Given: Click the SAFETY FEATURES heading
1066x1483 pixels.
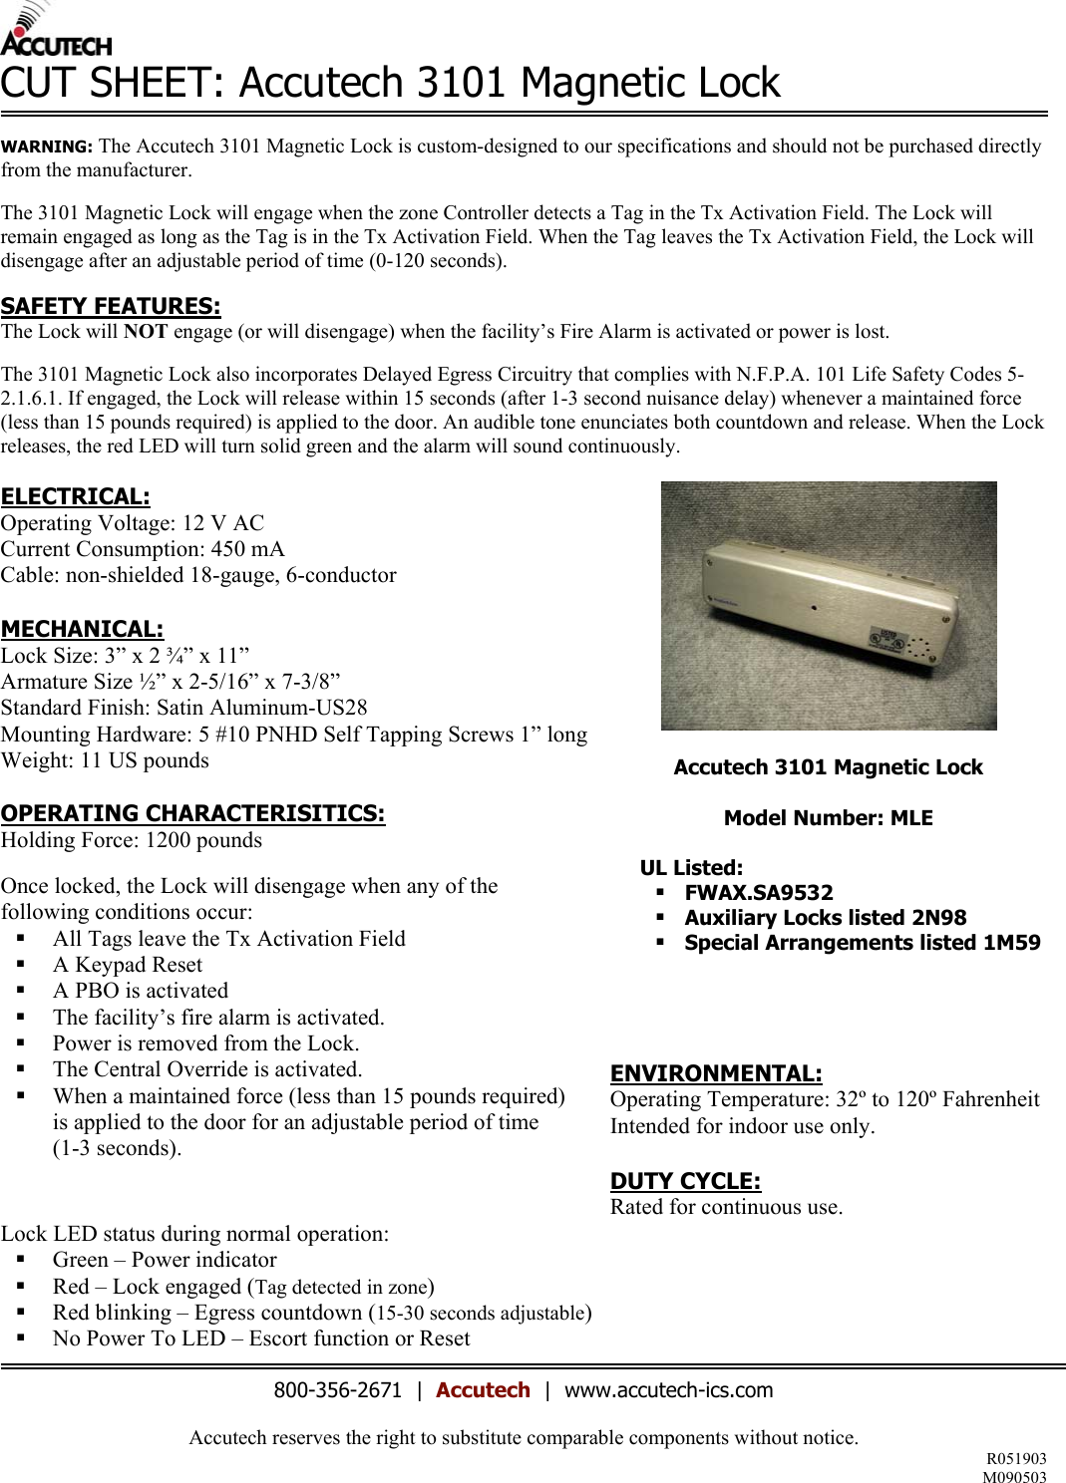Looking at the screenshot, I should pyautogui.click(x=111, y=306).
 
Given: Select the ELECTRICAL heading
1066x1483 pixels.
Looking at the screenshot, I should pyautogui.click(x=76, y=496).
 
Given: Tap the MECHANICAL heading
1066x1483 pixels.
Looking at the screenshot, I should pyautogui.click(x=82, y=629).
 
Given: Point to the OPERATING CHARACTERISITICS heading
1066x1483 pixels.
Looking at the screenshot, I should pyautogui.click(x=192, y=813).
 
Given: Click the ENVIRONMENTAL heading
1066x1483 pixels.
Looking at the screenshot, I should pyautogui.click(x=716, y=1073).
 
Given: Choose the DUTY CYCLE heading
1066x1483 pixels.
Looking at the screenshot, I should pyautogui.click(x=685, y=1181).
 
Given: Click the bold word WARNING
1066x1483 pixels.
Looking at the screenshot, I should pyautogui.click(x=47, y=147).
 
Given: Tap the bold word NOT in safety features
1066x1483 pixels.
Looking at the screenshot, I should pyautogui.click(x=146, y=332).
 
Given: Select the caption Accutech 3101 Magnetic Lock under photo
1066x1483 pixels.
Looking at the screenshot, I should pyautogui.click(x=828, y=767).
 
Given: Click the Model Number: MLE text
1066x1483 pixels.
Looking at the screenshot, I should pyautogui.click(x=828, y=818).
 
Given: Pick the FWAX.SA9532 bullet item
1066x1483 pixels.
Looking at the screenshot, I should pyautogui.click(x=758, y=893).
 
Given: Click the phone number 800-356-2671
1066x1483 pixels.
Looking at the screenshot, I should pyautogui.click(x=337, y=1390).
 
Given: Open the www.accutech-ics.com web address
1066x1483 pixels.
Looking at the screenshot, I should pyautogui.click(x=668, y=1390).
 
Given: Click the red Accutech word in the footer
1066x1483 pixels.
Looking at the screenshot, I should pyautogui.click(x=483, y=1390).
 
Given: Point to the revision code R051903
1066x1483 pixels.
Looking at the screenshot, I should pyautogui.click(x=1016, y=1459).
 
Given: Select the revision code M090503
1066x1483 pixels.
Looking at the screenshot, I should pyautogui.click(x=1014, y=1477).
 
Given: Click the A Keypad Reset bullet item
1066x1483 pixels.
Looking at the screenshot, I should pyautogui.click(x=128, y=965).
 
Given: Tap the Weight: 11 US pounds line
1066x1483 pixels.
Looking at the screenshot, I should pyautogui.click(x=105, y=760).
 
